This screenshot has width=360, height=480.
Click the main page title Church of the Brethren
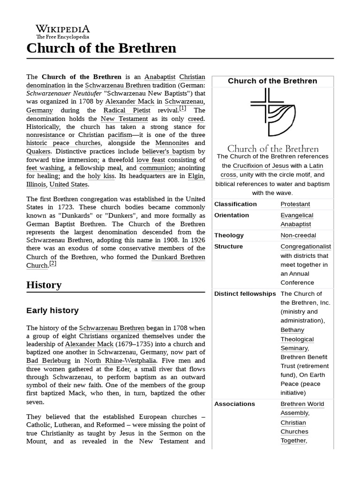pyautogui.click(x=101, y=48)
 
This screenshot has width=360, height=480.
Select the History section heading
pyautogui.click(x=44, y=285)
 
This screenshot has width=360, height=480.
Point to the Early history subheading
pyautogui.click(x=52, y=310)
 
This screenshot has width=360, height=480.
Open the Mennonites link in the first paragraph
pyautogui.click(x=172, y=142)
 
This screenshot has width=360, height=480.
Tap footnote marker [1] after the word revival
pyautogui.click(x=182, y=108)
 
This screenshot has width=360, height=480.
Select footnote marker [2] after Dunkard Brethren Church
pyautogui.click(x=52, y=263)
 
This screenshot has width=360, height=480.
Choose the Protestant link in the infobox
pyautogui.click(x=295, y=204)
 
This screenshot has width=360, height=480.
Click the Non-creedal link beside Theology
pyautogui.click(x=298, y=235)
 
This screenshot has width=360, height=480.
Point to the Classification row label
pyautogui.click(x=235, y=204)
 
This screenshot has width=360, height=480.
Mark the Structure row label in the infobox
pyautogui.click(x=228, y=247)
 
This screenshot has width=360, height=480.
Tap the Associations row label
pyautogui.click(x=234, y=404)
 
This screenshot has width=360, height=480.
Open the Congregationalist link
pyautogui.click(x=306, y=247)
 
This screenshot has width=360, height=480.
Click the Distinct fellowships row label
pyautogui.click(x=245, y=294)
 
